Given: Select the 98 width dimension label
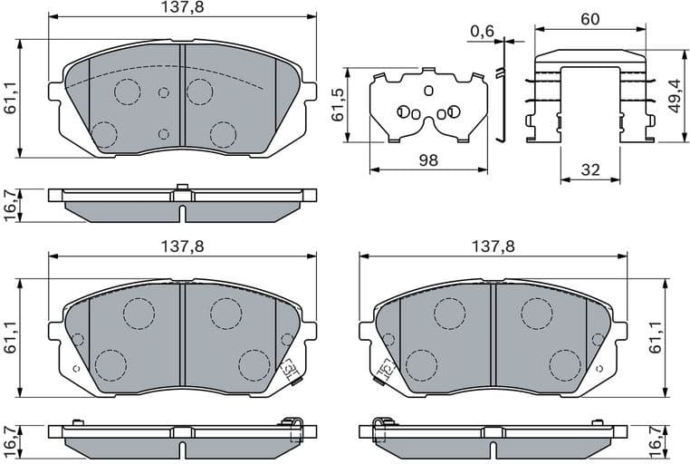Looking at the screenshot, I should coord(428,160).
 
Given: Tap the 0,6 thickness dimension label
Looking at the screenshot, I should coord(482,31).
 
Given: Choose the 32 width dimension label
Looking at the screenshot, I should coord(589,169).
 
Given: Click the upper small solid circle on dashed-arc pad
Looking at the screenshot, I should coord(164,92).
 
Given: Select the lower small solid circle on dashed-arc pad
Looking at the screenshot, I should coord(163,133).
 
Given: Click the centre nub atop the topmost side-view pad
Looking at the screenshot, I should coord(182,188).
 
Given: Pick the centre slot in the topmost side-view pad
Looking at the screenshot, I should coord(182,213).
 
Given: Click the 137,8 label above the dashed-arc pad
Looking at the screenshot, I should coord(182,8).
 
